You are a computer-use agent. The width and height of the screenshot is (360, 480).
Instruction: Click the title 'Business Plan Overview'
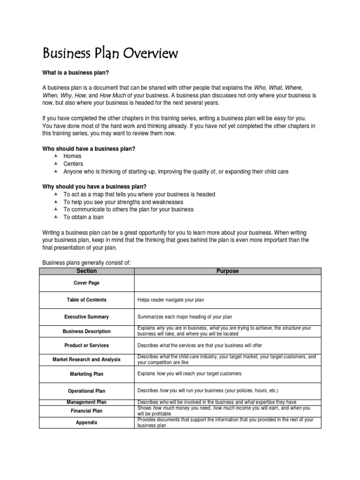[110, 53]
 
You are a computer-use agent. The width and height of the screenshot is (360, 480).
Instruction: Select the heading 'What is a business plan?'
[78, 73]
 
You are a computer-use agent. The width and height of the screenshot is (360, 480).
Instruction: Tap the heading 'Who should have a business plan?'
[89, 149]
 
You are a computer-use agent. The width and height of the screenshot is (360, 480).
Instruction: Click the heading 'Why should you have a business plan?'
[94, 187]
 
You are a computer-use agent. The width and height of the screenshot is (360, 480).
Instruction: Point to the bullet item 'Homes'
[72, 156]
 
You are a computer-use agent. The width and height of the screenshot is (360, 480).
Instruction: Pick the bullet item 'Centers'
[73, 164]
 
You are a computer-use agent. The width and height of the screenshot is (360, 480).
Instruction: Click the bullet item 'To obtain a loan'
[83, 217]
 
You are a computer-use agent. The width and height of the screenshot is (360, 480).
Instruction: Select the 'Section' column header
[86, 271]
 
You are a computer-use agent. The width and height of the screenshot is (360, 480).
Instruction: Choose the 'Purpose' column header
[227, 271]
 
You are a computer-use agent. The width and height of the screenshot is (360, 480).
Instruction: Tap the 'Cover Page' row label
[86, 283]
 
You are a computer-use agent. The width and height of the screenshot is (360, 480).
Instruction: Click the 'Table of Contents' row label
[86, 300]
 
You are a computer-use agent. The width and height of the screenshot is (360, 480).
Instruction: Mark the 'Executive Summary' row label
[86, 317]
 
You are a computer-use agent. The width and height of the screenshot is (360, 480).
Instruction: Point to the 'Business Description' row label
[86, 331]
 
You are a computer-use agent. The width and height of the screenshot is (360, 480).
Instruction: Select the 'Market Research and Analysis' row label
[86, 360]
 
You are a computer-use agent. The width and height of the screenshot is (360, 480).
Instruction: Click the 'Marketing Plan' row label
[86, 374]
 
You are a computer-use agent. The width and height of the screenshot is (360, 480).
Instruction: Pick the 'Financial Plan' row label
[86, 411]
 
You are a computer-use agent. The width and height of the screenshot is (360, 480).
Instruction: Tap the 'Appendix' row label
[86, 422]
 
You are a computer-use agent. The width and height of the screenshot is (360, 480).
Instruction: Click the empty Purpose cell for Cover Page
[227, 283]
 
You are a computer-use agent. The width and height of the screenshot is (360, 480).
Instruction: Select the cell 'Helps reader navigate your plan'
[171, 300]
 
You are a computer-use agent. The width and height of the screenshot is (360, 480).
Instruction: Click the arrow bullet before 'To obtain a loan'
[56, 217]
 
